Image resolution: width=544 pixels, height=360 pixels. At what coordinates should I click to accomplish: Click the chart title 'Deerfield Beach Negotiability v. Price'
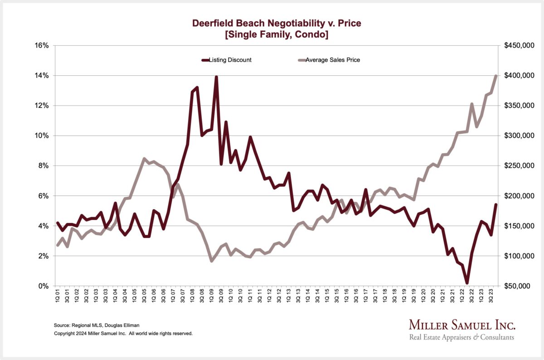coord(276,23)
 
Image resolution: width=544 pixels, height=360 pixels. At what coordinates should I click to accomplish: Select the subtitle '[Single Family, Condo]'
coord(276,35)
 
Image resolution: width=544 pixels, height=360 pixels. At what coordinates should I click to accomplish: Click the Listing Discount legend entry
coord(226,60)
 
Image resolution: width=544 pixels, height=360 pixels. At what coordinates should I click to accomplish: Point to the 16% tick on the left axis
coord(42,45)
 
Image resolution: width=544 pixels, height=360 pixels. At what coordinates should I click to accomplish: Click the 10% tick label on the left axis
coord(42,136)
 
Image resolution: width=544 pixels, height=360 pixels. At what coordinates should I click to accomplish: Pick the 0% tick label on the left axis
coord(44,286)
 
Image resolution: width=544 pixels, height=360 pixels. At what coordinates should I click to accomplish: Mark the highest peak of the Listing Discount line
coord(216,77)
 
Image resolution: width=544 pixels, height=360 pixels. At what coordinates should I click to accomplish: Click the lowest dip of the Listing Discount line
coord(467,283)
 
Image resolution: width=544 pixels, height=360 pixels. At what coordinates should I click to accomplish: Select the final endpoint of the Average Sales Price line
coord(496,76)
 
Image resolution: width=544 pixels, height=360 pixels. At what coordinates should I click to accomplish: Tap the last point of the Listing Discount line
coord(496,204)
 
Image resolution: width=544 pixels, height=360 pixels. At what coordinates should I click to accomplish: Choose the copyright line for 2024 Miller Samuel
coord(123,333)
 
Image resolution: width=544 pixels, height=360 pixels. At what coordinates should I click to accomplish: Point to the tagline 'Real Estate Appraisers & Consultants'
coord(462,337)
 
